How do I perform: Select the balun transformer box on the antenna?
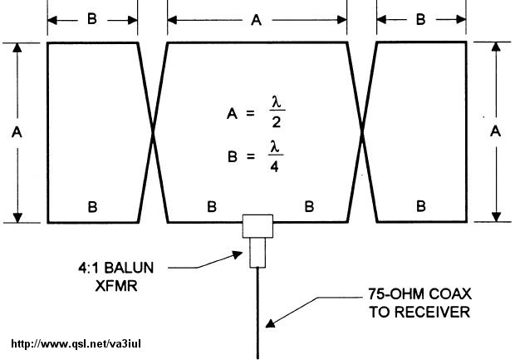coord(257,227)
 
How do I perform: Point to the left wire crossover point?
coord(153,132)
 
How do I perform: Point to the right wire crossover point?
coord(362,132)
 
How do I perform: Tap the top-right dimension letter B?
coord(420,17)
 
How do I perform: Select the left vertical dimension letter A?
coord(17,132)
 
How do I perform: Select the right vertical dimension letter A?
coord(496,132)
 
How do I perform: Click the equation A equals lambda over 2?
coord(253,114)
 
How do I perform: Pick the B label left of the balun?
coord(212,205)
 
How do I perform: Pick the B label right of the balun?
coord(309,205)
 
